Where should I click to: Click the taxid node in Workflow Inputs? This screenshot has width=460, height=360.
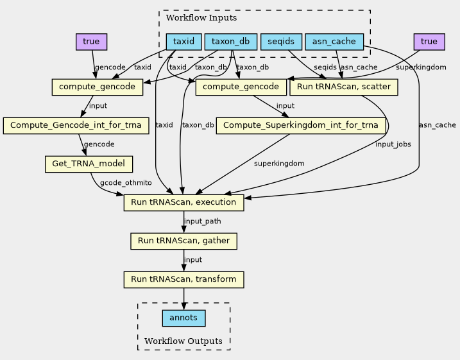183,42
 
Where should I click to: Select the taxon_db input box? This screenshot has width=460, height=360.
230,42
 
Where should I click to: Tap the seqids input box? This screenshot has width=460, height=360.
281,42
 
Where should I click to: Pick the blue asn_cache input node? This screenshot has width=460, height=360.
334,42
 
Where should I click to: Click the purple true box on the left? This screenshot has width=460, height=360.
91,42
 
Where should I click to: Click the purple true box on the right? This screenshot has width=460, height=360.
429,42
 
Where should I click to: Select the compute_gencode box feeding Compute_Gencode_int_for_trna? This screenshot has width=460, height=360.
97,87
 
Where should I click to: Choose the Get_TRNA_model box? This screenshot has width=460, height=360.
89,164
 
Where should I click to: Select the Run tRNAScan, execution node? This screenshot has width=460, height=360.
183,203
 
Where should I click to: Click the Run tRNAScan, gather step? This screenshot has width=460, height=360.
183,241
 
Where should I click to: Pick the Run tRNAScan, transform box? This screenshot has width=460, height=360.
183,280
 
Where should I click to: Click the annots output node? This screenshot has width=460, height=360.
183,318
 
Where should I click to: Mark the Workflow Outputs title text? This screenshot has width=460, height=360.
183,341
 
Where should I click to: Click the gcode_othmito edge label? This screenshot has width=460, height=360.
126,183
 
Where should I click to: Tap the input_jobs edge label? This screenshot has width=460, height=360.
393,144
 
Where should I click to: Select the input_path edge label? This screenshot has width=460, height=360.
203,221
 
